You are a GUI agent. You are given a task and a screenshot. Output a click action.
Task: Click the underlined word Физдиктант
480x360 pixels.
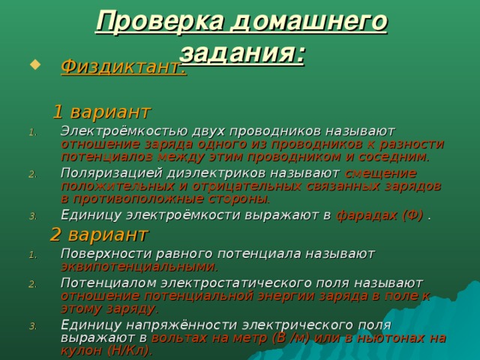tap(122, 67)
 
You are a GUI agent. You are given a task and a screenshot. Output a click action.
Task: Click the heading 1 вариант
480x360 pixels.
tap(102, 112)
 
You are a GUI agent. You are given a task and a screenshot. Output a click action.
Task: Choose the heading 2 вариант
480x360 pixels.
tap(100, 235)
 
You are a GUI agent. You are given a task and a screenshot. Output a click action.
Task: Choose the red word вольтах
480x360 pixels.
tap(178, 337)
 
